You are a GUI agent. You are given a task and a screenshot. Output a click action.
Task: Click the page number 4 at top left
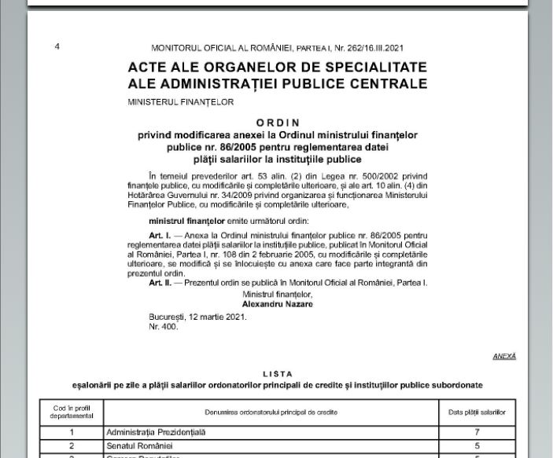tap(57, 46)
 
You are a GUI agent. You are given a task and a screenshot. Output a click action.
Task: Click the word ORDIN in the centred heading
tap(278, 123)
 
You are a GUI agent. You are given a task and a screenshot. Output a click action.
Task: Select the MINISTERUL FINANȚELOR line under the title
tap(180, 101)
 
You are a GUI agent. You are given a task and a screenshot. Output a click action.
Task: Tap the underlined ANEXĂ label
tap(504, 356)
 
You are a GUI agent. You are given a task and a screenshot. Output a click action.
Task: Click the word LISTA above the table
tap(278, 374)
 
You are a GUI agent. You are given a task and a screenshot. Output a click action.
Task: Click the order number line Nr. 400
tap(163, 326)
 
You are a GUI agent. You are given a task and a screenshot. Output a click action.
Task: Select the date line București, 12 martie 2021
tap(197, 317)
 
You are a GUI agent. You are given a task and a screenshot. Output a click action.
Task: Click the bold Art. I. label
tap(161, 235)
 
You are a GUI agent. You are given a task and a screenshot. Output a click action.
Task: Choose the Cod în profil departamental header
tap(72, 411)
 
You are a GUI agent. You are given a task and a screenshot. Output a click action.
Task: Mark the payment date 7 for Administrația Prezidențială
tap(477, 431)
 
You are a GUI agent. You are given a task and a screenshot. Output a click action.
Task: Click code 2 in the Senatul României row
tap(72, 445)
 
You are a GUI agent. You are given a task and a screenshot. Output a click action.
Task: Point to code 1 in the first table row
tap(72, 431)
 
